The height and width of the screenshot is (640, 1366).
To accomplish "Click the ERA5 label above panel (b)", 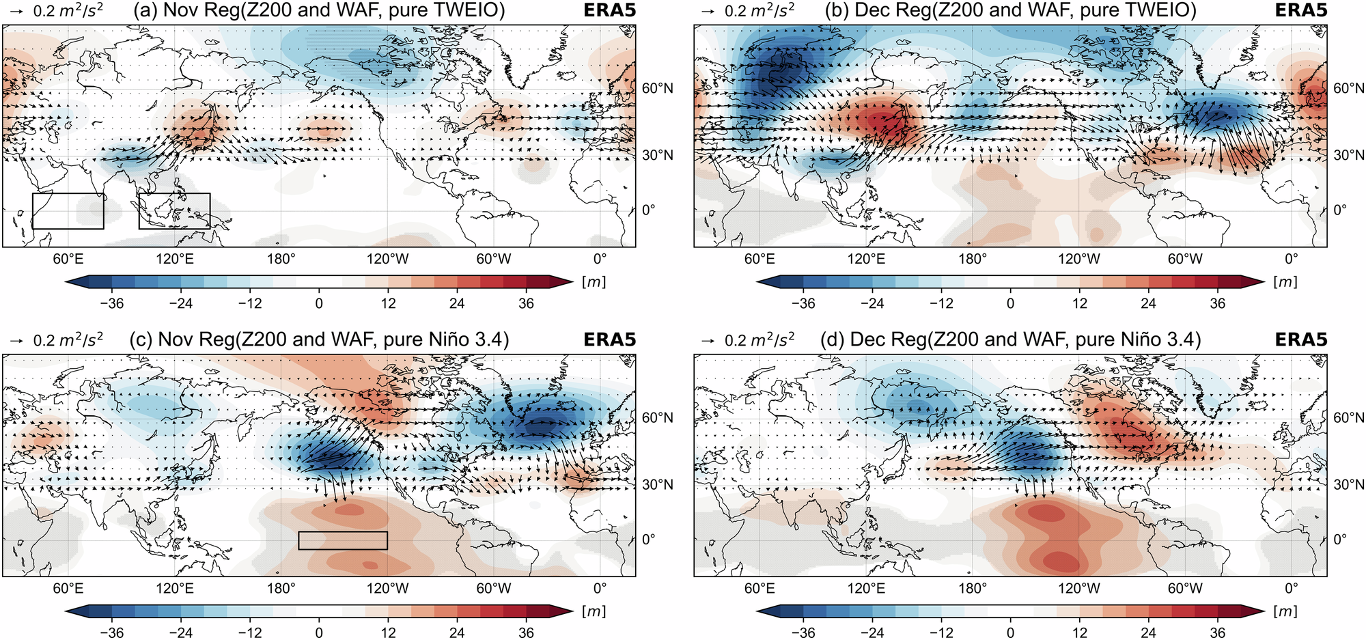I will pos(1300,11).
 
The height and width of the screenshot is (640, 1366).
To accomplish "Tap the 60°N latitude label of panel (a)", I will pos(657,88).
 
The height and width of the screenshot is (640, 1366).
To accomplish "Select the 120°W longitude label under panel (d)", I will pos(1078,589).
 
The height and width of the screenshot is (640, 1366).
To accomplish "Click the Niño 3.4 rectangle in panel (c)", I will pos(343,540).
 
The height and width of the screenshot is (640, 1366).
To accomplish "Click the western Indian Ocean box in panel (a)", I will pos(68,211).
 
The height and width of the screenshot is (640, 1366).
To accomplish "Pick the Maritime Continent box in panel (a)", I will pos(174,211).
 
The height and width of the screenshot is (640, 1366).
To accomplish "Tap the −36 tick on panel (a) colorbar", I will pos(112,303).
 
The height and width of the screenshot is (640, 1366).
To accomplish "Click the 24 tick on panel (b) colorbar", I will pos(1148,303).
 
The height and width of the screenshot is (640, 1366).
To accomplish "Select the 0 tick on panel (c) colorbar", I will pos(319,632).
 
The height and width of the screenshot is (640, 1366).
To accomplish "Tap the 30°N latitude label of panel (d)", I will pos(1349,485).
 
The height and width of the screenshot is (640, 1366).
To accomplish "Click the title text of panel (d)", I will pos(1010,340).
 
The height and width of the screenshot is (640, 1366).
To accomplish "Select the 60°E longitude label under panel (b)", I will pos(759,260).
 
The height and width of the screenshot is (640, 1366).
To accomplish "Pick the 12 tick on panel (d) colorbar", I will pos(1079,632).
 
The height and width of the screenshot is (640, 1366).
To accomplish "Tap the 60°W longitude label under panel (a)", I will pos(493,260).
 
